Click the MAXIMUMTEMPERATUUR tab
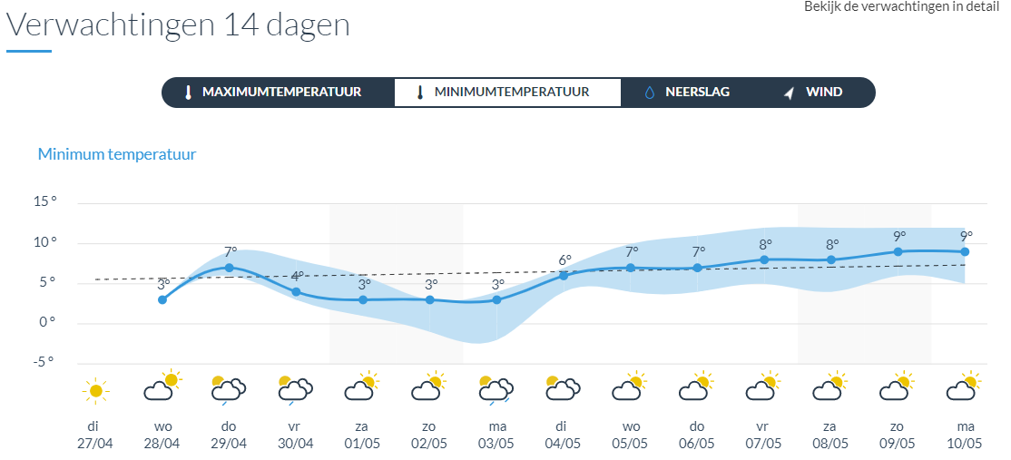coord(278,93)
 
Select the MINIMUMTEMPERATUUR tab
coord(507,93)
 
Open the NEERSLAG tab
coord(687,93)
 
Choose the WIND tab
coord(814,93)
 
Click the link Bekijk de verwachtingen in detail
coord(907,6)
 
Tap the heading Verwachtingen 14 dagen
coord(179,24)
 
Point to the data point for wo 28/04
coord(162,299)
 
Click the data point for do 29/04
coord(229,268)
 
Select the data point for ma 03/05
coord(496,299)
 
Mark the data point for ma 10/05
coord(966,251)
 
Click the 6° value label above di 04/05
coord(564,260)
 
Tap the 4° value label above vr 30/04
coord(297,277)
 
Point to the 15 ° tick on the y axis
coord(45,202)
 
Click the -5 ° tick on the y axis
coord(44,363)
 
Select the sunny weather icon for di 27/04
coord(95,391)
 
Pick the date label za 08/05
coord(830,435)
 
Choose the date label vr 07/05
coord(764,435)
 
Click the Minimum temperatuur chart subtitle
coord(117,154)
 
